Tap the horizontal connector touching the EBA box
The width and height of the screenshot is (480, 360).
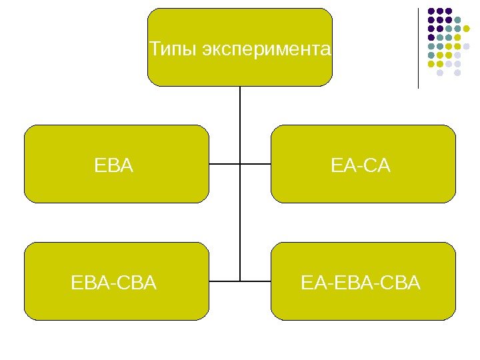pyautogui.click(x=224, y=164)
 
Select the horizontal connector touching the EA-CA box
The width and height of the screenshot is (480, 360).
pyautogui.click(x=255, y=164)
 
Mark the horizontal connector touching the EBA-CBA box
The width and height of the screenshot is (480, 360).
pyautogui.click(x=224, y=281)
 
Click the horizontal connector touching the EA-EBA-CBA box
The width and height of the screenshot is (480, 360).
pyautogui.click(x=255, y=281)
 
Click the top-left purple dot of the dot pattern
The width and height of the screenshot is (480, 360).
pyautogui.click(x=431, y=11)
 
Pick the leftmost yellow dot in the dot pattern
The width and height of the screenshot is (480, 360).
pyautogui.click(x=431, y=64)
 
